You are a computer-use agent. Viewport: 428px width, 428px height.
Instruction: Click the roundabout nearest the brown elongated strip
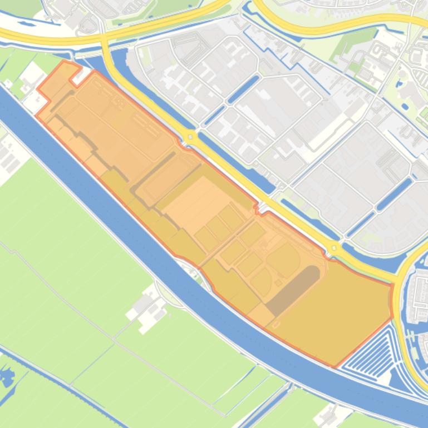pos(334,248)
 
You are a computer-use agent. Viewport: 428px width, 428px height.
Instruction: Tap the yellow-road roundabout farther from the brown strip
pos(190,136)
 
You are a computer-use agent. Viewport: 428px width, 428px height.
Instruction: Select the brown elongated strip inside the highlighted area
pos(293,290)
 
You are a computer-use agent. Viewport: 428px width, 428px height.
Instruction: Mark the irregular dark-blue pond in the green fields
pos(7,378)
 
